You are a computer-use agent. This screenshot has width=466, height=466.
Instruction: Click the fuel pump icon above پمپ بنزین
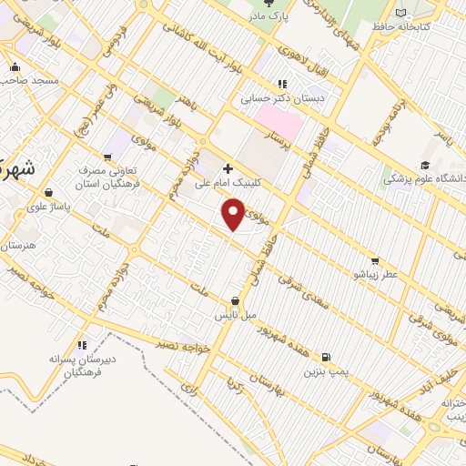pos(327,357)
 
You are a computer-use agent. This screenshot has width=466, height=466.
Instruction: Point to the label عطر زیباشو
pos(376,272)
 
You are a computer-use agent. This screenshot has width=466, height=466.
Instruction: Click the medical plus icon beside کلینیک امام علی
pos(228,167)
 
